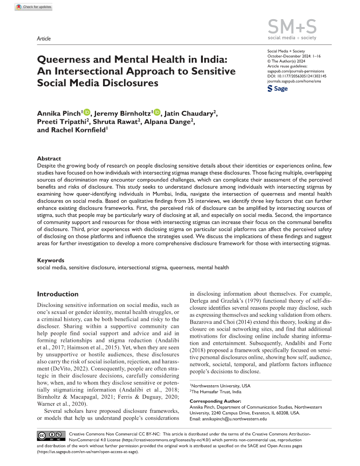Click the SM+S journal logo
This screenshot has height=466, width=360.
pyautogui.click(x=290, y=28)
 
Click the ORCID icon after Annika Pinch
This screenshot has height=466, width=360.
pyautogui.click(x=88, y=112)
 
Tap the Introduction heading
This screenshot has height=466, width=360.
pyautogui.click(x=58, y=294)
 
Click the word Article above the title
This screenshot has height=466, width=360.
pyautogui.click(x=43, y=39)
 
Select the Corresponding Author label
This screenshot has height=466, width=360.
pyautogui.click(x=215, y=401)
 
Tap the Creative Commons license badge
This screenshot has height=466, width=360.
pyautogui.click(x=46, y=437)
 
